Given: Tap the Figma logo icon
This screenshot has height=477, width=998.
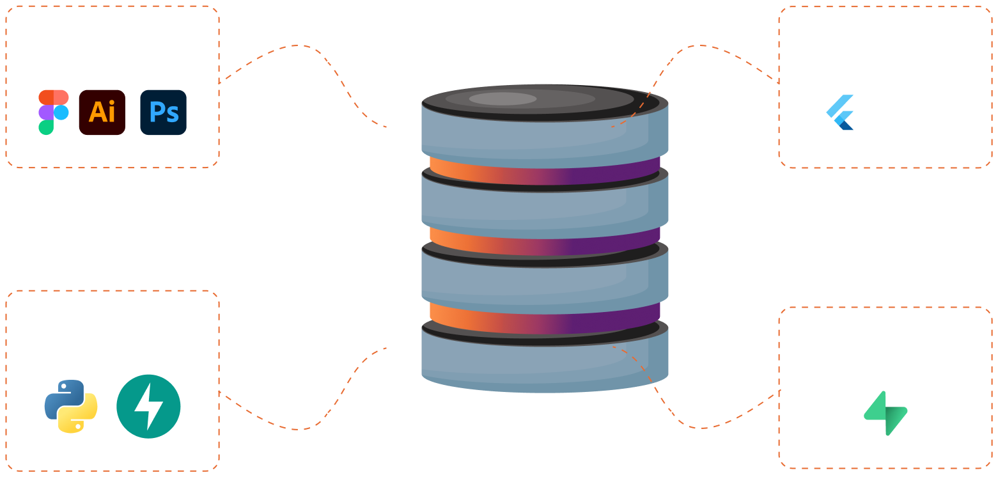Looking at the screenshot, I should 53,113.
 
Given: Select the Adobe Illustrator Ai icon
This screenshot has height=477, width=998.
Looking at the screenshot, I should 102,113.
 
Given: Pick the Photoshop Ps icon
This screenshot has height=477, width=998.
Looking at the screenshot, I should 163,113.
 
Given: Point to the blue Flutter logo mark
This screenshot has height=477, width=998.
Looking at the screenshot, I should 840,113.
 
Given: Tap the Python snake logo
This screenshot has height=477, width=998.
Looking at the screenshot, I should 71,407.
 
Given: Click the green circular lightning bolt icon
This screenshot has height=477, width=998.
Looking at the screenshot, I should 148,407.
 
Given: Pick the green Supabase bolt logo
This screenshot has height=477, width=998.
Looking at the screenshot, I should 885,412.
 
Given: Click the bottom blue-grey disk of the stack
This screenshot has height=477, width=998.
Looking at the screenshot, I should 543,364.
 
